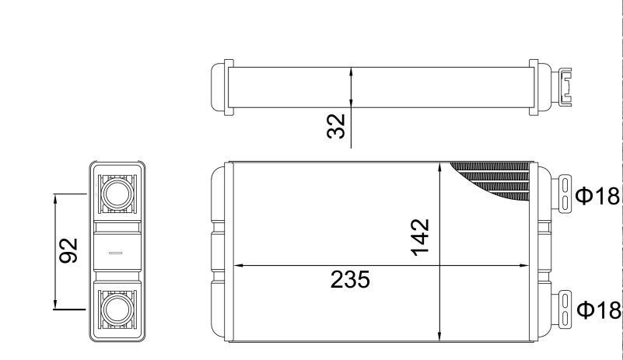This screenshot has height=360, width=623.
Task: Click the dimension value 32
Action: [336, 127]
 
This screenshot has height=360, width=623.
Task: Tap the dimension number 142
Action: [420, 237]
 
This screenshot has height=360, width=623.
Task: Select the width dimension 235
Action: [350, 279]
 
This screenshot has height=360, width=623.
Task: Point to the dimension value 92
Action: [68, 250]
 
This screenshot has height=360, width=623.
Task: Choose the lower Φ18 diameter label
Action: [599, 310]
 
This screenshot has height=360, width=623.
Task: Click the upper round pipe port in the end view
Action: [117, 194]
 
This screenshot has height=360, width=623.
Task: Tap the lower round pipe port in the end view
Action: [117, 309]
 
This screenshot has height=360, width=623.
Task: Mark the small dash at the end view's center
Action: [116, 253]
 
